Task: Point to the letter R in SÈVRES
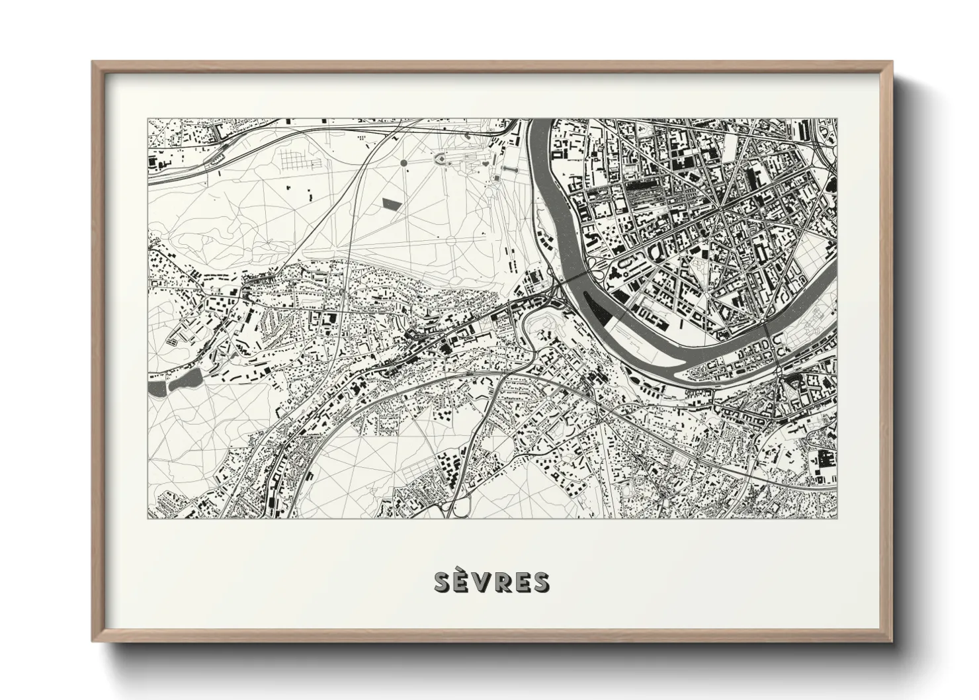tap(501, 582)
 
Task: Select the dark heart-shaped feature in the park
tap(486, 161)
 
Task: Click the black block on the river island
tap(604, 309)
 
